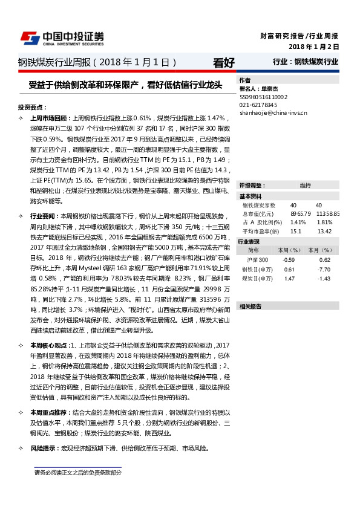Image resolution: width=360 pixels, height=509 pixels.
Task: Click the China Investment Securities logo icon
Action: pos(31,37)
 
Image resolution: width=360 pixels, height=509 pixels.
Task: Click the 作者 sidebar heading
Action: pos(245,80)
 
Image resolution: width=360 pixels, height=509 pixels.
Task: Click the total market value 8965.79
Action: pos(300,213)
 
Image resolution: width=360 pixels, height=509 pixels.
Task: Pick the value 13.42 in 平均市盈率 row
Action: pos(324,231)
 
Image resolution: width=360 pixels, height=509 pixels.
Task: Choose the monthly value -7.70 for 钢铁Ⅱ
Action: pos(324,269)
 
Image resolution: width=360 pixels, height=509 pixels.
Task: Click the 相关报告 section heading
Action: pos(250,306)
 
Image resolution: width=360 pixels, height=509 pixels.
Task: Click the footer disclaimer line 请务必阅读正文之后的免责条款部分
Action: pos(77,473)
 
